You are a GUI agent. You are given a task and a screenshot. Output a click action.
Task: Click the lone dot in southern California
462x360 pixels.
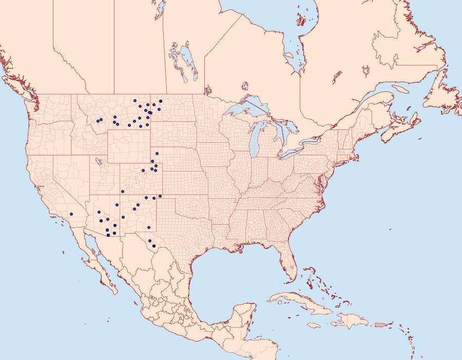tap(71, 214)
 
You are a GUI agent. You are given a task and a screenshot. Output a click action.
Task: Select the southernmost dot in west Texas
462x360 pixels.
tap(149, 241)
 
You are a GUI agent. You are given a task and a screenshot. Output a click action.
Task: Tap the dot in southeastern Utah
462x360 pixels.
tap(123, 192)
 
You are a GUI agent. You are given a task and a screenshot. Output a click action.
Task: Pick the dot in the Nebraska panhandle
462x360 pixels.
tap(157, 154)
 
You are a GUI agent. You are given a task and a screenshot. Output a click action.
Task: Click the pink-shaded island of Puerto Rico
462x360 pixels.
tap(380, 324)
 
